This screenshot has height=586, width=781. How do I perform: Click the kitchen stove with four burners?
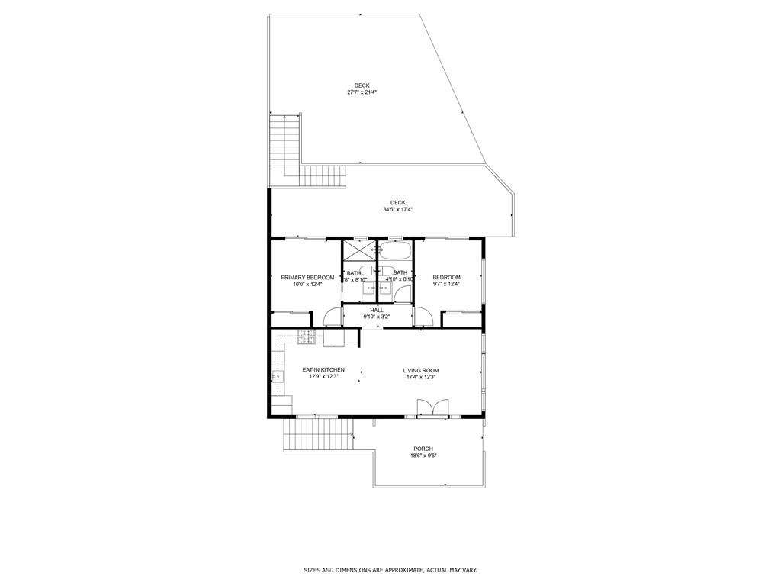coord(307,335)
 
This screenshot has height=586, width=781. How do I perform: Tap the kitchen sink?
coord(276,375)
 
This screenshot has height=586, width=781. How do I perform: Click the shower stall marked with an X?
coord(354,251)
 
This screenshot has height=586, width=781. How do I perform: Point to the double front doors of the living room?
coord(432,408)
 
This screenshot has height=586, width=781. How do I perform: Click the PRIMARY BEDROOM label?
coord(307,277)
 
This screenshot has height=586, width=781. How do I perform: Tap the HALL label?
coord(377,310)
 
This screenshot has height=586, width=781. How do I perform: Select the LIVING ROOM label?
coord(421,371)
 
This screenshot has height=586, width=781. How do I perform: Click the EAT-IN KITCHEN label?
coord(323,370)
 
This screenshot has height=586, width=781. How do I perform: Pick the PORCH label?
coord(423,449)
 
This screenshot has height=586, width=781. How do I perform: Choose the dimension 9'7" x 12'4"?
coord(446,284)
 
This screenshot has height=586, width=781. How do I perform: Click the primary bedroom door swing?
coord(333,317)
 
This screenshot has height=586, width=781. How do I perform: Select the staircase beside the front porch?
coord(319,436)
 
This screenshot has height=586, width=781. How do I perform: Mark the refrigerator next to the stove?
coord(334,337)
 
